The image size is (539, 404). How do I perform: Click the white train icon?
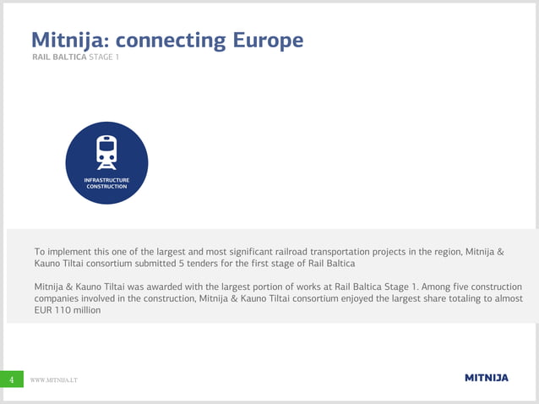106,150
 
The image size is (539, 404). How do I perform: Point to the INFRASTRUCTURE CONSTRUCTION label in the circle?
106,183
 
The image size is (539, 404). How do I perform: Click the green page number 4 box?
11,380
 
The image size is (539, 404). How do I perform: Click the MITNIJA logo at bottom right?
487,378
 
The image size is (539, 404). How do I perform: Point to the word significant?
226,251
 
